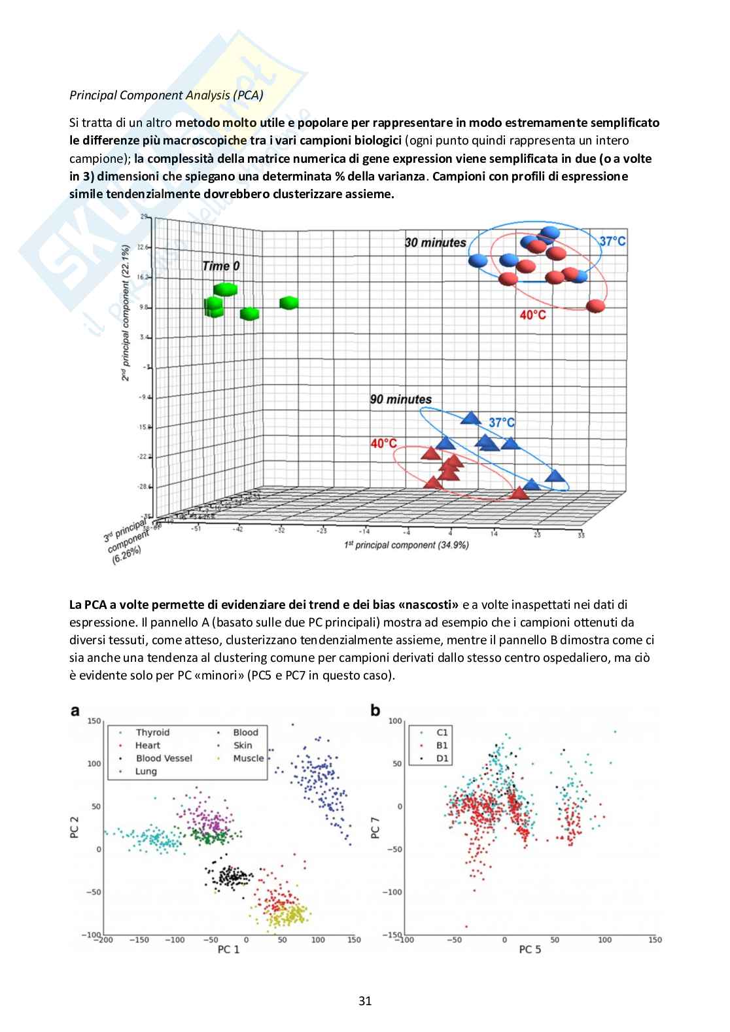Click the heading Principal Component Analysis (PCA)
click(166, 95)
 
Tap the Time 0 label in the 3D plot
click(220, 266)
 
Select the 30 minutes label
click(435, 243)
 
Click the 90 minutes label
click(400, 399)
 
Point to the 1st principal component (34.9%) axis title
click(406, 545)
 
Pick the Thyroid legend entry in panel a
click(152, 732)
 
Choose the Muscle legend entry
click(249, 758)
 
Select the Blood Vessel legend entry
click(164, 758)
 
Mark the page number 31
click(365, 1001)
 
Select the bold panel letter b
click(375, 710)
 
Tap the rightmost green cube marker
click(288, 303)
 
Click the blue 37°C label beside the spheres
click(612, 241)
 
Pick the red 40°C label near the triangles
click(383, 443)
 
